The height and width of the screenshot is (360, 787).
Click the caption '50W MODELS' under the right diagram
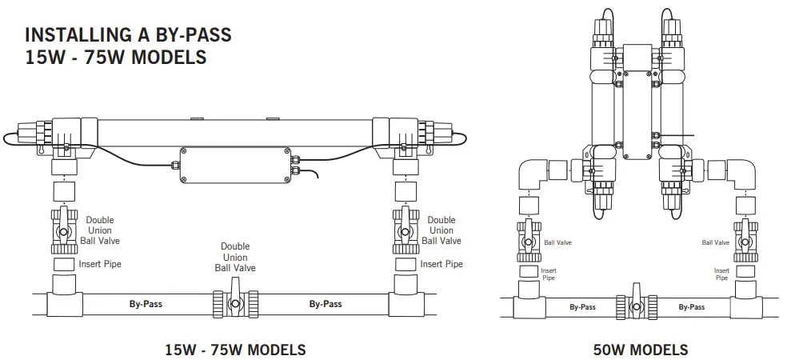641,350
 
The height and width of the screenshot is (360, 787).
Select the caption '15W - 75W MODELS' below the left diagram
235,350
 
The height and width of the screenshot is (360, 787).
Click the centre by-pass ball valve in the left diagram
234,304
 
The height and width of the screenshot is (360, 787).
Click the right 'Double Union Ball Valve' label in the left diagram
441,230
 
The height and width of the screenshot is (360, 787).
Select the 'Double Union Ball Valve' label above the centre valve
234,258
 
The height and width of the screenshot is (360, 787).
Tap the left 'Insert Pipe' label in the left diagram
101,264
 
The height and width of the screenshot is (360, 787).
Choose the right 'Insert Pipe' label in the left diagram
441,264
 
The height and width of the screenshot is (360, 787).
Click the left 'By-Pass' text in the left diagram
146,304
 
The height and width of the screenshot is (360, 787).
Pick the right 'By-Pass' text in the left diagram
326,304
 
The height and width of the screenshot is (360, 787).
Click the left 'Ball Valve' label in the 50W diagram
557,242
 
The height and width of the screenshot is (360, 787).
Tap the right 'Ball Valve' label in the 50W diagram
716,242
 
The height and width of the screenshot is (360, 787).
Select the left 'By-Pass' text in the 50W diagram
582,307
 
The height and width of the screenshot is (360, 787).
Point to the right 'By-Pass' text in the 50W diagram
692,307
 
